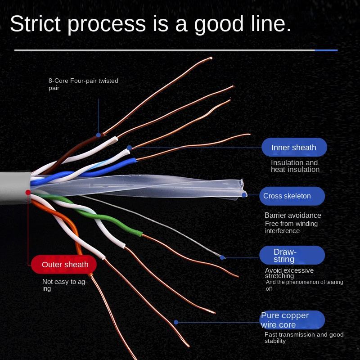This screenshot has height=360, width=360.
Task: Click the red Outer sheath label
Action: coord(64,264)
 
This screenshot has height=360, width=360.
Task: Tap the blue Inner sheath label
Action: coord(294,147)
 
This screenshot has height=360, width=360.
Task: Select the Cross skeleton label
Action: coord(292,196)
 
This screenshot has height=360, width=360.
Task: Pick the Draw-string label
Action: coord(292,255)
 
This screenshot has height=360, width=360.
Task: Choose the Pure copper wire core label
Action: coord(292,320)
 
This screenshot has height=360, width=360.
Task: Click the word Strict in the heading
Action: coord(36,23)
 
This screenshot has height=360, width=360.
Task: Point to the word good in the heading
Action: coord(219,25)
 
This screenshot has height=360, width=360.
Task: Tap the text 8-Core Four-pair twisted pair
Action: coord(83,84)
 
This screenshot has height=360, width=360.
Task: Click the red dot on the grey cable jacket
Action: coord(28,193)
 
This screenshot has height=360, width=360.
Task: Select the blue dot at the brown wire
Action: coord(99,135)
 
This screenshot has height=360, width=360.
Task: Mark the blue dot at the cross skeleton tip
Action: coord(244,195)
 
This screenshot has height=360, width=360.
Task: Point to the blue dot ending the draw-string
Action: coord(222,257)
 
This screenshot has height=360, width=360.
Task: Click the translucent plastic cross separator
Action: coord(138,186)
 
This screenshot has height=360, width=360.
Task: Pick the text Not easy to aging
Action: coord(65,285)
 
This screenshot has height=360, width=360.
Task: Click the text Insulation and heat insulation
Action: coord(295,166)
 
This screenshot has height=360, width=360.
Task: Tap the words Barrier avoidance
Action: coord(293,215)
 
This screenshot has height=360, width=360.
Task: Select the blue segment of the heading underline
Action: coord(326,50)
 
